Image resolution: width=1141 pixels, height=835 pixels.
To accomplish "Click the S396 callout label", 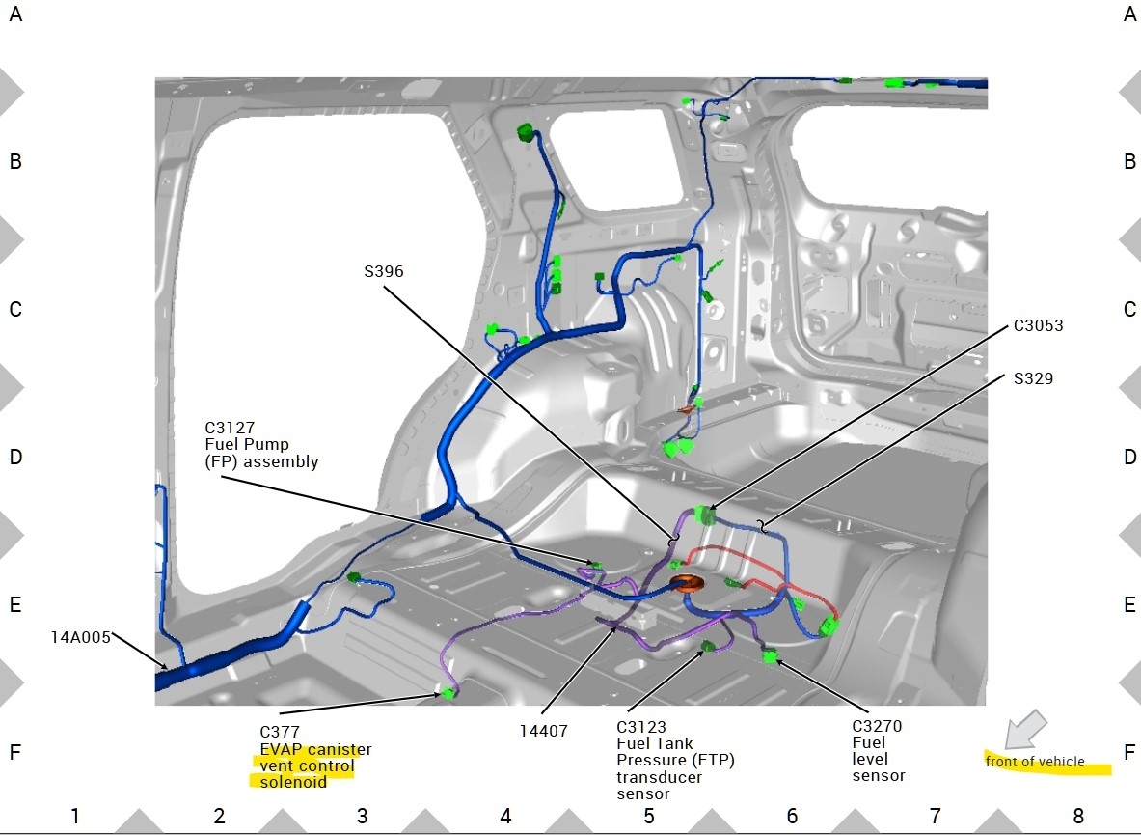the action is pos(384,272).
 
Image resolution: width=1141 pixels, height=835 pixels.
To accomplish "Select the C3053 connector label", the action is pos(1038,325).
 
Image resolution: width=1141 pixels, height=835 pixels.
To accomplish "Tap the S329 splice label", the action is pos(1033,378).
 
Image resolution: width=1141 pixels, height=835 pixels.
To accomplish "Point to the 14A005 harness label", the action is pos(80,636).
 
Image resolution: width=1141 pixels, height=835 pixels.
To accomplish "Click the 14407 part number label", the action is pos(543,731).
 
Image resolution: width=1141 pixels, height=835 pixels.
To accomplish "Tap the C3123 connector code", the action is pos(641,726).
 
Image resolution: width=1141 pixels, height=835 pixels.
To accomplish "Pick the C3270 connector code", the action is pos(877,726).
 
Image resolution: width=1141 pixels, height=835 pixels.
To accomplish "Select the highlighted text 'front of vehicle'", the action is pos(1035,762).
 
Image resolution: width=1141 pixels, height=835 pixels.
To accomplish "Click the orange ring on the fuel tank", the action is pos(689,583).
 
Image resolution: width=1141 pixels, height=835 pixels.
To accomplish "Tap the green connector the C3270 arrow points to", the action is pos(769,657).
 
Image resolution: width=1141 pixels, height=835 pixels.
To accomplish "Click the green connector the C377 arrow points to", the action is pos(448,692).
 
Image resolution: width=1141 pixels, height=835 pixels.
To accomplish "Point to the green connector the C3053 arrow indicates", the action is pos(704,516).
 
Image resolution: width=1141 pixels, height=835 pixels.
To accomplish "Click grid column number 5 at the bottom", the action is pos(648,816).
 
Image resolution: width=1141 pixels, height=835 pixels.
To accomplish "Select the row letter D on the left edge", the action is pos(15,457).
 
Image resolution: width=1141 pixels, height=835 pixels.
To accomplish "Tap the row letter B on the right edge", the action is pos(1129,161).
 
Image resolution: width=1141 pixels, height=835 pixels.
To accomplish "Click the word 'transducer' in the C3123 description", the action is pos(660,777).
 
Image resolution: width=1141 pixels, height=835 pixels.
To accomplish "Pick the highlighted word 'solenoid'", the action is pos(293,782).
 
